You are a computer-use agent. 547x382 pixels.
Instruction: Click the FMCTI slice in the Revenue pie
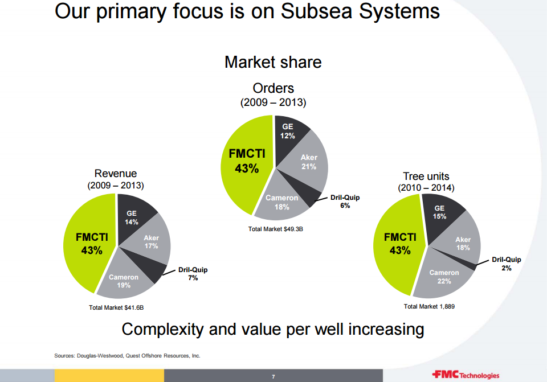tap(89, 244)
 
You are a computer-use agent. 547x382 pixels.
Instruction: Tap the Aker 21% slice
tap(308, 162)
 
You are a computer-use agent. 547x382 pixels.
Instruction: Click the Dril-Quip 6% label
tap(345, 202)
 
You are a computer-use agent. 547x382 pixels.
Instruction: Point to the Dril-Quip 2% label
tap(506, 264)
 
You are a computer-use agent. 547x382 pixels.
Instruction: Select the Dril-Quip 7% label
tap(193, 274)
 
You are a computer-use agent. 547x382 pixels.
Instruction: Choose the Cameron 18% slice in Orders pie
tap(281, 202)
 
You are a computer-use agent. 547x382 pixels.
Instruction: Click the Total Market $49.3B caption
tap(276, 229)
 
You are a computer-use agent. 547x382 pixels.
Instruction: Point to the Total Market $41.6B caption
tap(116, 307)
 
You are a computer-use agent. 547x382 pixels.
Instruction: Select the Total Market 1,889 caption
tap(429, 306)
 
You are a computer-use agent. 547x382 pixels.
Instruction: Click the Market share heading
tap(273, 62)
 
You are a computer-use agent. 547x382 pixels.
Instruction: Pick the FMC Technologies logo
tap(466, 375)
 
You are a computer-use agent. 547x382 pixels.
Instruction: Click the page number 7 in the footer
tap(273, 376)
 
